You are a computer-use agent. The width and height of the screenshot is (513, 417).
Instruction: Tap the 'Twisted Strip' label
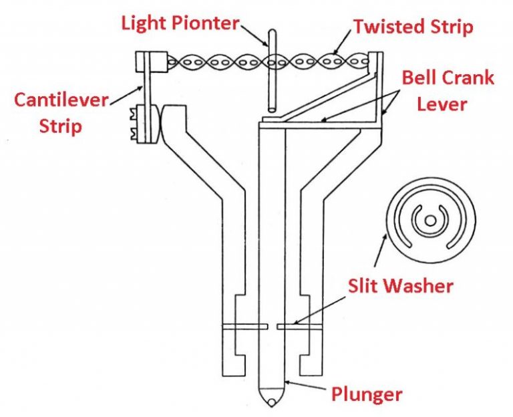(x=413, y=27)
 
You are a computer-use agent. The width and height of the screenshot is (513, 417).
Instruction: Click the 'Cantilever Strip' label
(x=61, y=112)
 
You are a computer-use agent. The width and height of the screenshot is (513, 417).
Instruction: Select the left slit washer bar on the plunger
(x=243, y=327)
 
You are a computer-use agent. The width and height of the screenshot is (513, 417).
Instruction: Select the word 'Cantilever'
(x=61, y=102)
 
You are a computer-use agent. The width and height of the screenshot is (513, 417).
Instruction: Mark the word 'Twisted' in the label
(x=387, y=27)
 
